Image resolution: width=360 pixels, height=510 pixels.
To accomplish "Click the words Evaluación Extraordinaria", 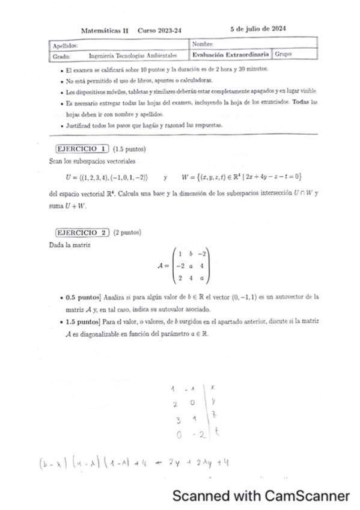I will tap(230, 55).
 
